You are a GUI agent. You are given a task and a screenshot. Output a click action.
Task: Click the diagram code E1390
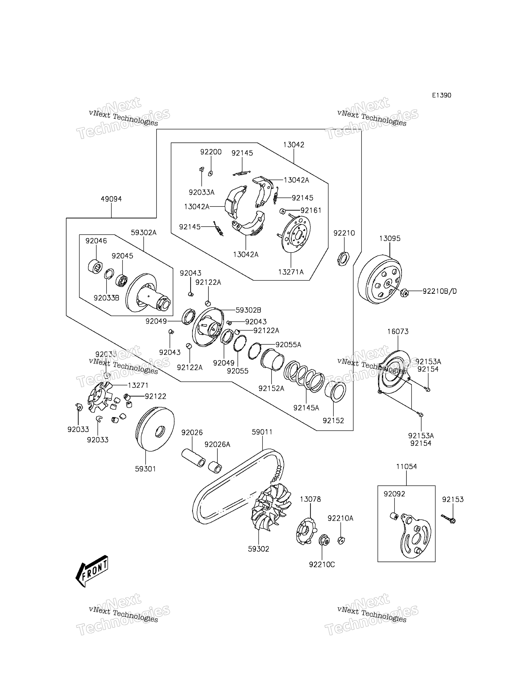click(441, 95)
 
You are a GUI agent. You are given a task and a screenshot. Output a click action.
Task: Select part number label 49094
click(111, 199)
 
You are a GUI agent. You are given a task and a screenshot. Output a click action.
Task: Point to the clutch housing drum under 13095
click(380, 280)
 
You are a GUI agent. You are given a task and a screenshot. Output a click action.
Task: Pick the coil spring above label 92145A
click(304, 376)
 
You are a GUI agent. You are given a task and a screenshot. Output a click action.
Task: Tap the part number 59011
click(262, 432)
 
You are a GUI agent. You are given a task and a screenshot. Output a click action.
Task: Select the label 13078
click(310, 499)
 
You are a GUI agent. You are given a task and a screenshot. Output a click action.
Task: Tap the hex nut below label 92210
click(343, 259)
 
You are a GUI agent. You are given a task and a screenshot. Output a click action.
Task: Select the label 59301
click(145, 469)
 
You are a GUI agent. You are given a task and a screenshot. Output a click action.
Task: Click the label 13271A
click(291, 272)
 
